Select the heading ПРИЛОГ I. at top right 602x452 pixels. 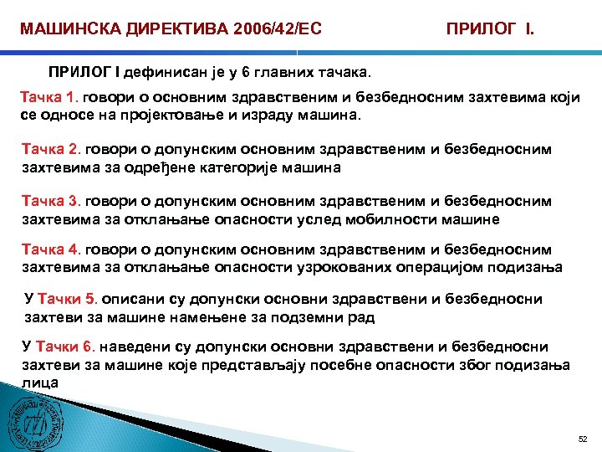point(491,31)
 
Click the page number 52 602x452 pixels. point(583,439)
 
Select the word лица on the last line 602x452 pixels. point(39,381)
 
